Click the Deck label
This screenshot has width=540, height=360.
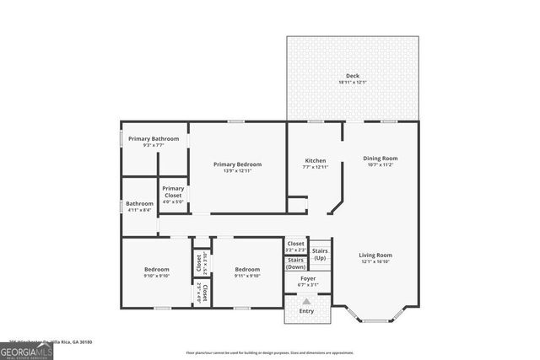353,76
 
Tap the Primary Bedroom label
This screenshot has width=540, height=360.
237,164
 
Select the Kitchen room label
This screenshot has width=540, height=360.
315,160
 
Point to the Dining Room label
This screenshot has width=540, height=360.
380,159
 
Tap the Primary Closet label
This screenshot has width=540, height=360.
173,191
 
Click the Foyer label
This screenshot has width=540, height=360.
308,278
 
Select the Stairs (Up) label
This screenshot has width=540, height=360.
320,254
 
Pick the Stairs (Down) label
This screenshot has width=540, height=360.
296,263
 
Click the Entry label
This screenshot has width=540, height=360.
305,311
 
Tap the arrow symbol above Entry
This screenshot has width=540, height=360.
306,301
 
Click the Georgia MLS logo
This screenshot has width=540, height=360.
26,347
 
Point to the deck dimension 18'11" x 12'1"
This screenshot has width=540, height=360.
353,82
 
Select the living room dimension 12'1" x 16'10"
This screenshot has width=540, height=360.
375,261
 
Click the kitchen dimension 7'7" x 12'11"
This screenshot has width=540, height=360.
315,167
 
